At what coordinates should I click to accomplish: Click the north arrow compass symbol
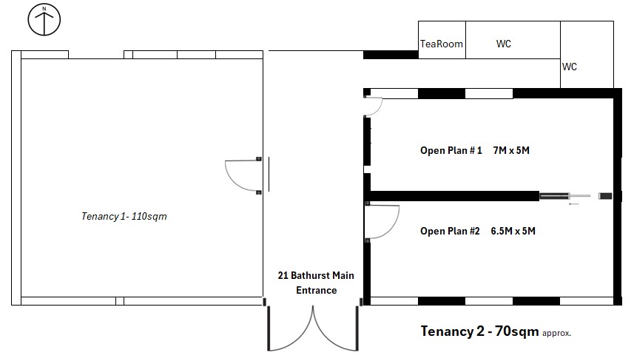44,19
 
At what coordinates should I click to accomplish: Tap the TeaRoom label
441,44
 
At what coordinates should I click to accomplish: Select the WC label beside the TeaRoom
503,44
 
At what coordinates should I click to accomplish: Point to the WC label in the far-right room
570,67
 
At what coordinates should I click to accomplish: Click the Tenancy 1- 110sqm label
124,216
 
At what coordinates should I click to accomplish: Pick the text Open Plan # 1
451,150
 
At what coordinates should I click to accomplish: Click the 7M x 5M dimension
511,150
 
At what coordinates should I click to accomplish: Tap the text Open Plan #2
450,232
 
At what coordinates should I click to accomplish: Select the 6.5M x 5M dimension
513,232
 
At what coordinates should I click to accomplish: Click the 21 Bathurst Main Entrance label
316,283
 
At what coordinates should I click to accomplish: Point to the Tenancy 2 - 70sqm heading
479,331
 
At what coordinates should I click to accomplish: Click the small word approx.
556,334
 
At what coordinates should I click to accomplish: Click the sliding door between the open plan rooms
576,197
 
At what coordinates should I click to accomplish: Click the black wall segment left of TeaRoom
391,55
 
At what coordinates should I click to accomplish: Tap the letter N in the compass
44,8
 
